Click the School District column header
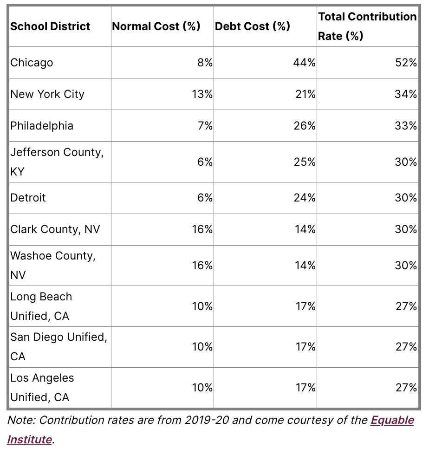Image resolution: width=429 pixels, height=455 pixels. [x=50, y=26]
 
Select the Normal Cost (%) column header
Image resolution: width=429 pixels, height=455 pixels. [x=156, y=26]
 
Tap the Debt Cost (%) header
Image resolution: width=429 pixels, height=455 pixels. [x=253, y=26]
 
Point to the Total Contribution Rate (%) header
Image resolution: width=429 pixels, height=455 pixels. [x=367, y=26]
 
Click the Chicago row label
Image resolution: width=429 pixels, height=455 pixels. [x=32, y=63]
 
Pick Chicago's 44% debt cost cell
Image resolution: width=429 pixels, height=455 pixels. [x=304, y=63]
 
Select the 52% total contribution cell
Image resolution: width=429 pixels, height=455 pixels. [x=406, y=63]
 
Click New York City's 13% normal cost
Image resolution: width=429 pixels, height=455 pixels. [x=202, y=94]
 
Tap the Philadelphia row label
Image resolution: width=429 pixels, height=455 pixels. [x=42, y=126]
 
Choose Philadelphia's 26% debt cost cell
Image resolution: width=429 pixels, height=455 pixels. [x=304, y=126]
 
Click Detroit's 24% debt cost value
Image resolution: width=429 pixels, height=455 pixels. [x=304, y=198]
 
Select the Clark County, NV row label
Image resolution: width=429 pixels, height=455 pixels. [x=55, y=229]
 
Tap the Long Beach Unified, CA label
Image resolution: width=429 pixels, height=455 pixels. [x=41, y=306]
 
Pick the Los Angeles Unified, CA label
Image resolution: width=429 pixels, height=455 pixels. [x=42, y=387]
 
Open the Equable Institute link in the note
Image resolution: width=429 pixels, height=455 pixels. [x=392, y=420]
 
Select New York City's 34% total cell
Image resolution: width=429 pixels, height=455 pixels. [x=406, y=94]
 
